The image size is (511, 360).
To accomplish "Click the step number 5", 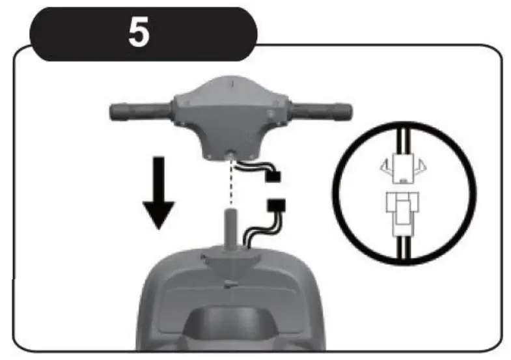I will [139, 33].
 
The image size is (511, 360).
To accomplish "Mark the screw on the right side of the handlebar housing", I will [281, 121].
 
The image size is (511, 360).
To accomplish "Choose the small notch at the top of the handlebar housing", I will [231, 83].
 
